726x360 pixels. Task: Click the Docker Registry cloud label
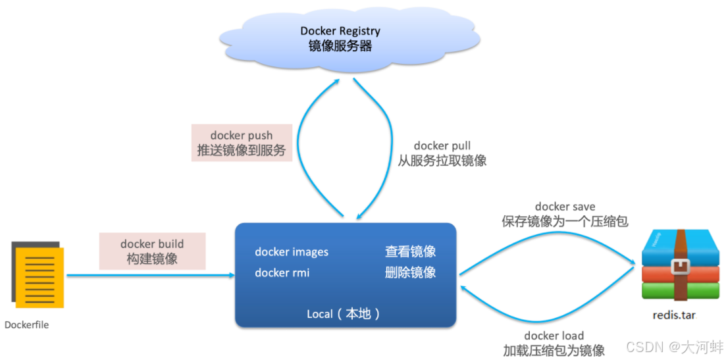point(340,31)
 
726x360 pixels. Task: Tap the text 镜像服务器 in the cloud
point(340,46)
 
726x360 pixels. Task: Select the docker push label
point(242,136)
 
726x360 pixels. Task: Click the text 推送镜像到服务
point(242,151)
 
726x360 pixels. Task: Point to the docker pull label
point(442,145)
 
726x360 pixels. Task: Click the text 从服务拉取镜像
point(442,161)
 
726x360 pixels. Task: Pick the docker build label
point(152,244)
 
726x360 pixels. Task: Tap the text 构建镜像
point(152,259)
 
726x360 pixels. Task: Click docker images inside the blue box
point(292,252)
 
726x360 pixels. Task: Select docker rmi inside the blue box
point(282,272)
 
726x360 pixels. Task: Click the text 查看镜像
point(410,252)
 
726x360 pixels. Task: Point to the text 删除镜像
point(410,272)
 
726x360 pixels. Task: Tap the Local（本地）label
point(344,314)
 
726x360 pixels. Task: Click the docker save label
point(565,207)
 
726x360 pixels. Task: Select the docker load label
point(554,336)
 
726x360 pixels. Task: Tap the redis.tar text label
point(673,315)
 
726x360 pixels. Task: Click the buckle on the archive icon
point(680,267)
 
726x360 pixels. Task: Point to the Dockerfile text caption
point(26,324)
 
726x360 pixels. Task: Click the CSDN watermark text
point(673,347)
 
